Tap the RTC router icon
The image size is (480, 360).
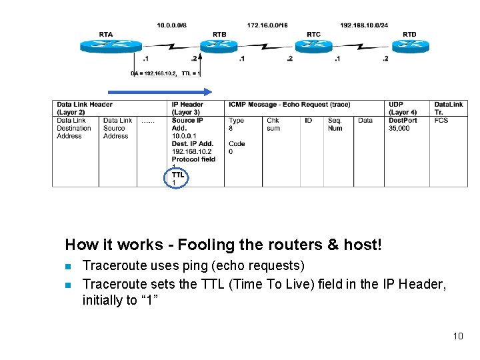pos(313,45)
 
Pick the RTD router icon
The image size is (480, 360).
pos(409,45)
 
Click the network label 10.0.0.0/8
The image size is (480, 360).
pos(172,25)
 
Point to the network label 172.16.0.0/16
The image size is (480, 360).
pos(267,25)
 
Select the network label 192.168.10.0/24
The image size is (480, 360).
pos(364,25)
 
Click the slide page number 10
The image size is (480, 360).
pos(457,336)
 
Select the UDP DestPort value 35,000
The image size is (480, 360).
pos(399,128)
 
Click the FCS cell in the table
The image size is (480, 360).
pos(441,121)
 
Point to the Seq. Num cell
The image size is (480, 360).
pos(335,124)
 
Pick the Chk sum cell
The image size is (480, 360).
pos(273,124)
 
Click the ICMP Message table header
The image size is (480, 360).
pos(289,105)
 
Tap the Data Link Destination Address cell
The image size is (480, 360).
pos(74,128)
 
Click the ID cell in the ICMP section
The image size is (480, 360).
pos(308,121)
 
